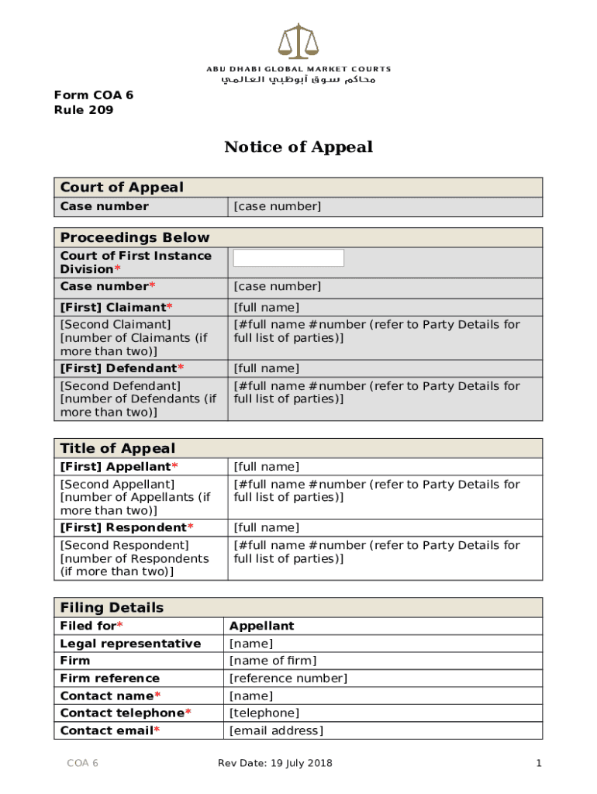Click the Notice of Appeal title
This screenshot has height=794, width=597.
(298, 147)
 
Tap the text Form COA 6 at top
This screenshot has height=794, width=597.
(93, 95)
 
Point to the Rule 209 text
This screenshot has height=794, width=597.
(84, 110)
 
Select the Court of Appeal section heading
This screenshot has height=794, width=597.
(122, 188)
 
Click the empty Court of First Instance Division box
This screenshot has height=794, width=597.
(288, 258)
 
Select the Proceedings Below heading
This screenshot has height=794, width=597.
(135, 237)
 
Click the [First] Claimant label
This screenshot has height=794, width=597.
(116, 308)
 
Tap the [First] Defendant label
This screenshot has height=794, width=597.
(122, 368)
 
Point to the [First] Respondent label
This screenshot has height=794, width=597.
(126, 528)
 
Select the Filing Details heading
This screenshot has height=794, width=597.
(112, 607)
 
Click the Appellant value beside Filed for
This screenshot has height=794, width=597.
(262, 626)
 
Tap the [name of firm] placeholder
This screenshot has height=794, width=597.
(273, 661)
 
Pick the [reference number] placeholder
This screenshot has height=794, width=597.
(288, 678)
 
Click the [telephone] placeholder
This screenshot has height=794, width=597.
(264, 713)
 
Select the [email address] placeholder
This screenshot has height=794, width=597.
(277, 730)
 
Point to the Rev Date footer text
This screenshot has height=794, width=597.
(275, 764)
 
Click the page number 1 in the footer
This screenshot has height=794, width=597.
(538, 764)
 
